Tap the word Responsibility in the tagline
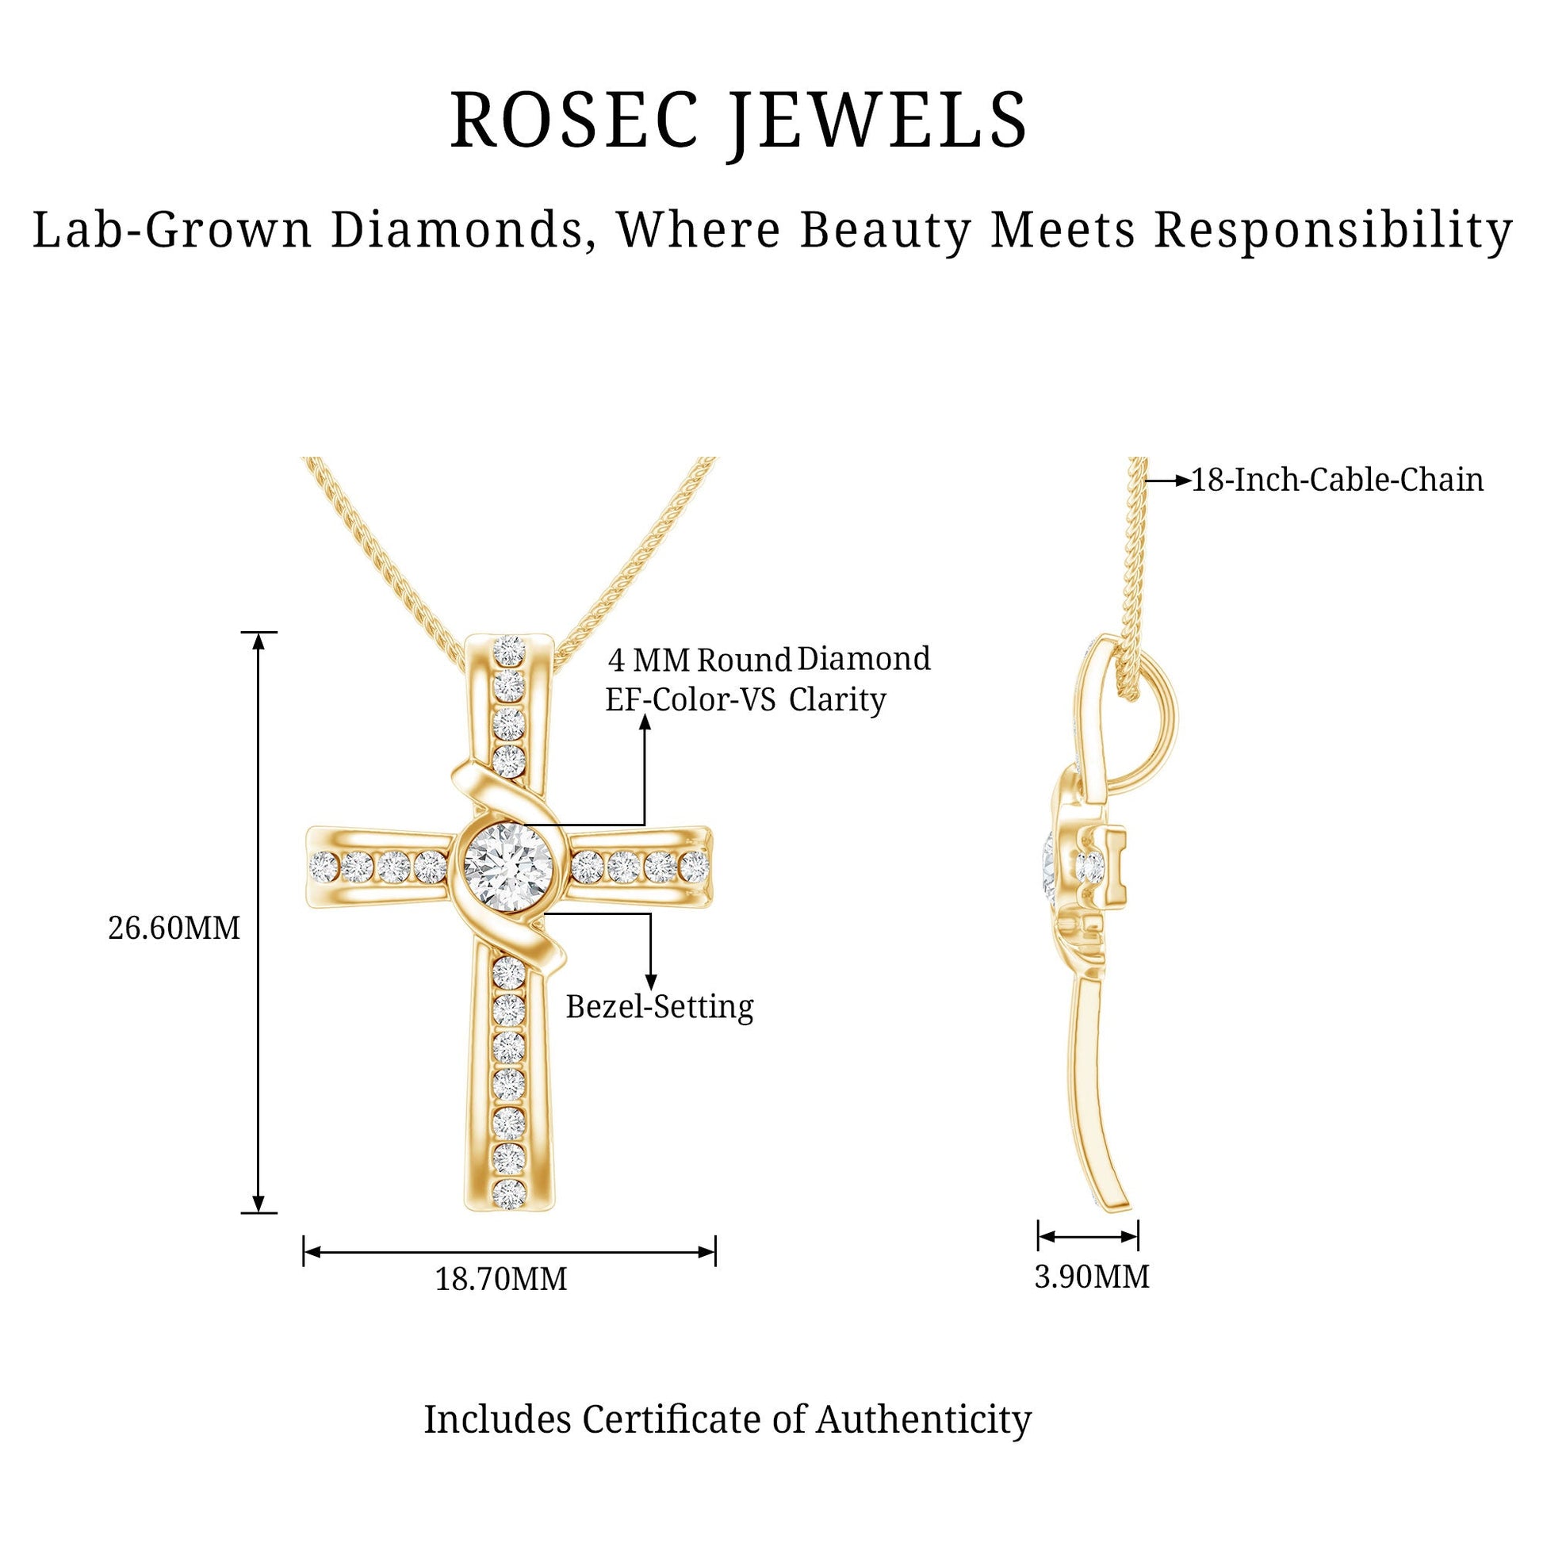1333,232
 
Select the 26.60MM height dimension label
174,928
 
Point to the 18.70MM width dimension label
501,1280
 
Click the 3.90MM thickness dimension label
1092,1277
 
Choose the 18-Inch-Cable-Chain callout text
1338,480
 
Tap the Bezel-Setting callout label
660,1007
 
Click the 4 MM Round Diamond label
769,660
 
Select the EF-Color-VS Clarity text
746,699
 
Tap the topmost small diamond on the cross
509,650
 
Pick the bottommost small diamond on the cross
509,1194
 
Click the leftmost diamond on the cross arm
324,866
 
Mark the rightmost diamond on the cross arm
695,866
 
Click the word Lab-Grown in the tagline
172,232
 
